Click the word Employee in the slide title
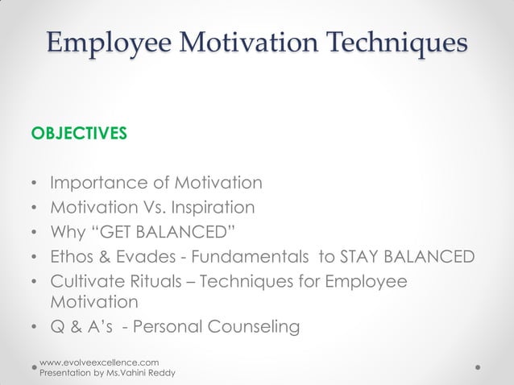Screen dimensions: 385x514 96,42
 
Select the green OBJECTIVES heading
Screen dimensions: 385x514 78,133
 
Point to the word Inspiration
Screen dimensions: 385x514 210,208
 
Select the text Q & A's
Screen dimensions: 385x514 81,327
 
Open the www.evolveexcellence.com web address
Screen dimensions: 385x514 99,363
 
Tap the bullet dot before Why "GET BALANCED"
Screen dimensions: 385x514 34,234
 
